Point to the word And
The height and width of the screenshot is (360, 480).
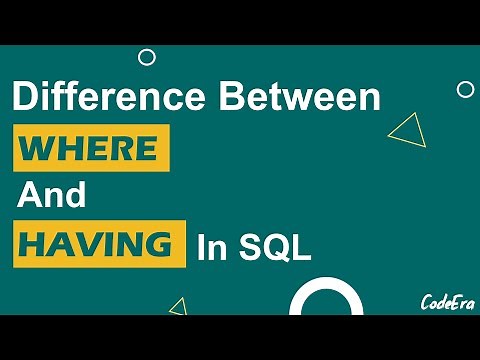tap(52, 196)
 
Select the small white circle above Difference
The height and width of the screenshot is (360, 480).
tap(147, 57)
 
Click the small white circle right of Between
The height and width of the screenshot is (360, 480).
tap(465, 90)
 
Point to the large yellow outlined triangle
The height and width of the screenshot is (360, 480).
tap(406, 130)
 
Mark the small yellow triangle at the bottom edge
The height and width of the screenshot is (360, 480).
tap(178, 306)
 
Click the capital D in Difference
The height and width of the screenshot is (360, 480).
tap(25, 100)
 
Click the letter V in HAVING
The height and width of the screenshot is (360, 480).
tap(90, 245)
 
